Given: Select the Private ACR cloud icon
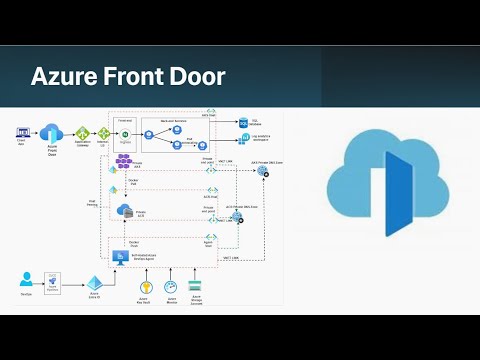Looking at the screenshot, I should click(x=125, y=211).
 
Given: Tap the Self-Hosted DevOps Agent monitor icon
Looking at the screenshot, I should click(x=132, y=256).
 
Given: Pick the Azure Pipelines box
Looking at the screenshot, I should click(x=56, y=284).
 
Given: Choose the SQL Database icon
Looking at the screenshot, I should click(x=243, y=123).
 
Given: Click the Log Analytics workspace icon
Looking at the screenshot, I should click(x=243, y=141).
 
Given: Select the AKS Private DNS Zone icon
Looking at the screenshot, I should click(x=263, y=172).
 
